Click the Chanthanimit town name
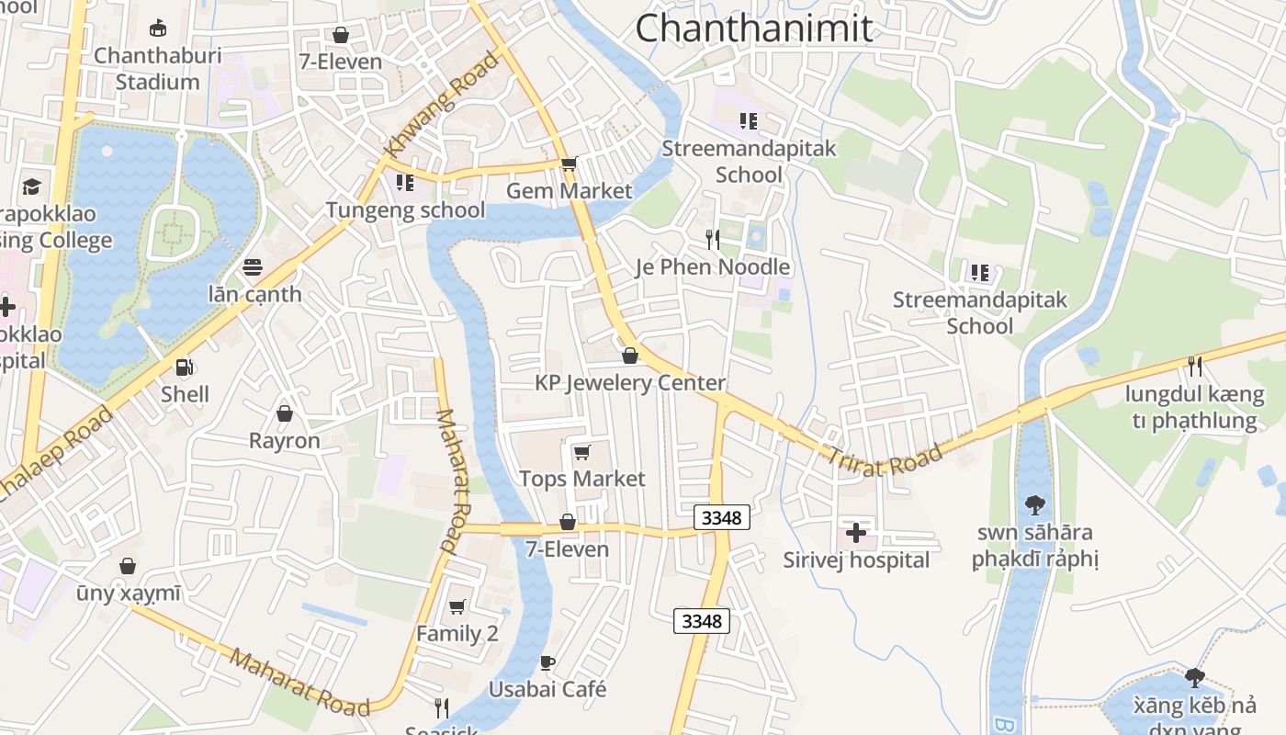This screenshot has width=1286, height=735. point(753,28)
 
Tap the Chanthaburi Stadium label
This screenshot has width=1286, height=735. point(158,69)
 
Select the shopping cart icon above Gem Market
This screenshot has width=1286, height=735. point(569,164)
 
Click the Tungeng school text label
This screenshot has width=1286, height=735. point(405,210)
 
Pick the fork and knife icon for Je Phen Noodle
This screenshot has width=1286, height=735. point(713,240)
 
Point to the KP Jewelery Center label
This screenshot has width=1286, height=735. point(630,383)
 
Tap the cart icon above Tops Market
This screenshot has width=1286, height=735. point(581,452)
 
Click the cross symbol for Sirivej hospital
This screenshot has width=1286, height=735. point(856,532)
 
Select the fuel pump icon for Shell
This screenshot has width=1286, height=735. point(185,367)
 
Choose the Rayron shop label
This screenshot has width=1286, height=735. point(285,441)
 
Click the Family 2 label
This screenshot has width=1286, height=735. point(457,634)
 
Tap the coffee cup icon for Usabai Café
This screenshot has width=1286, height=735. point(547,662)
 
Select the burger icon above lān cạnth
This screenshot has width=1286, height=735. point(254,267)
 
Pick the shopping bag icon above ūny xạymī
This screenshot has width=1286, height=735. point(128,566)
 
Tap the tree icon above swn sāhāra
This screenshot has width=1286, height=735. point(1035,504)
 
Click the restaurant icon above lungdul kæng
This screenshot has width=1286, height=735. point(1194,367)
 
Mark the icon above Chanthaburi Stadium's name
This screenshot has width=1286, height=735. point(158,28)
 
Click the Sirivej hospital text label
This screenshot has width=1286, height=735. point(856,560)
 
